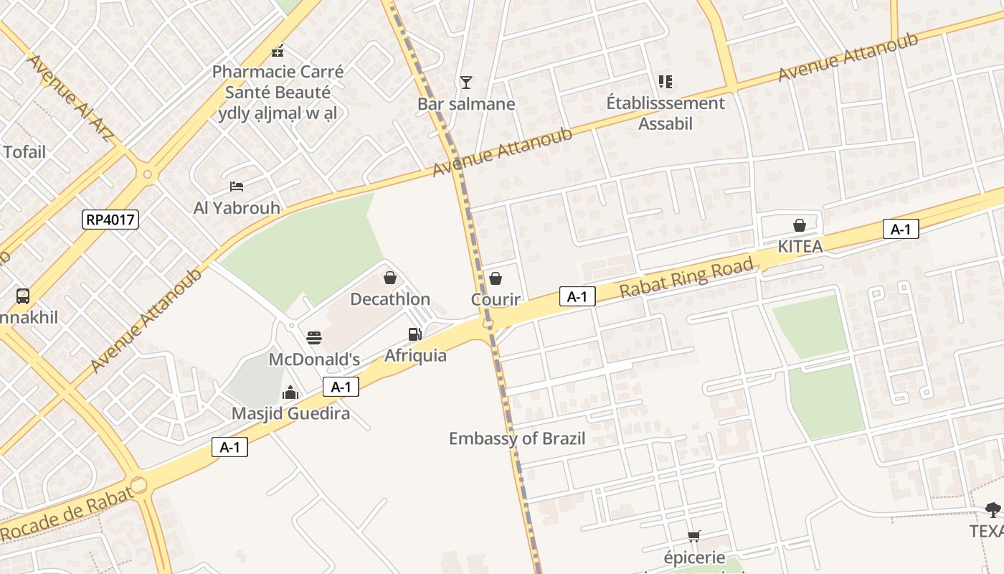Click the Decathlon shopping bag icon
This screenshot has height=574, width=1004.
pos(390,278)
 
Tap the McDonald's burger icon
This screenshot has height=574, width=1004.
pos(314,337)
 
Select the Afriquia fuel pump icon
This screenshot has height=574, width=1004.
pos(415,334)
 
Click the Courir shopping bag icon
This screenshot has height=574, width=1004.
pos(496,278)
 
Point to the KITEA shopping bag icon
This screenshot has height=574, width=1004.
pos(800,225)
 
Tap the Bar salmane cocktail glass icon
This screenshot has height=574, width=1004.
pos(466,83)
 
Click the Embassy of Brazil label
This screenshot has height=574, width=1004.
pos(517,438)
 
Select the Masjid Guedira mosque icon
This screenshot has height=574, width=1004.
pos(290,392)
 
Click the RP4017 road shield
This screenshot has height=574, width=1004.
pos(110,220)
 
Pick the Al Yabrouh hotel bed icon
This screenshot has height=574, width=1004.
pos(237,187)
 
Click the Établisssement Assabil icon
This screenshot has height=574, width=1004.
pos(666,82)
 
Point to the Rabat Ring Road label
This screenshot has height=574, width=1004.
pos(686,278)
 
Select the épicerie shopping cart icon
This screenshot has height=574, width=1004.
pos(693,536)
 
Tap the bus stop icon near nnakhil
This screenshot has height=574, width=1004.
pos(23,296)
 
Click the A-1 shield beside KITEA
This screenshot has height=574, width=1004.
pos(900,229)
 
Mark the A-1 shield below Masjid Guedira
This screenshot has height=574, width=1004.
pos(229,448)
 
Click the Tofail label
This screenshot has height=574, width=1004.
pos(24,152)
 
